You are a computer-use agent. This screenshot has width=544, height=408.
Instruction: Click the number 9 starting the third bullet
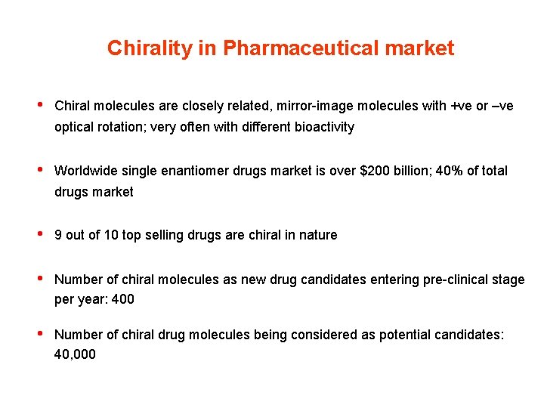tap(58, 235)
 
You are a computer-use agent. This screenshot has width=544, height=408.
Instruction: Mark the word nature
tap(317, 235)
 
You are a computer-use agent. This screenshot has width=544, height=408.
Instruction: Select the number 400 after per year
tap(122, 299)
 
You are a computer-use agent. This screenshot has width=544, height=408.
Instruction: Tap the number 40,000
tap(75, 354)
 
